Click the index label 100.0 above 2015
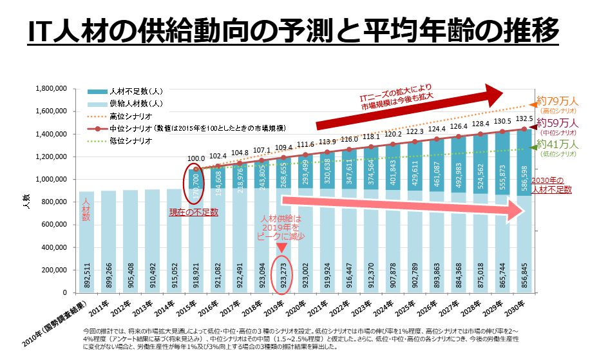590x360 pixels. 196,158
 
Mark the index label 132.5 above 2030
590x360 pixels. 524,119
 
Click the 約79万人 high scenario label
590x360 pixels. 558,102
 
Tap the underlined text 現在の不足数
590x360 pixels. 193,212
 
